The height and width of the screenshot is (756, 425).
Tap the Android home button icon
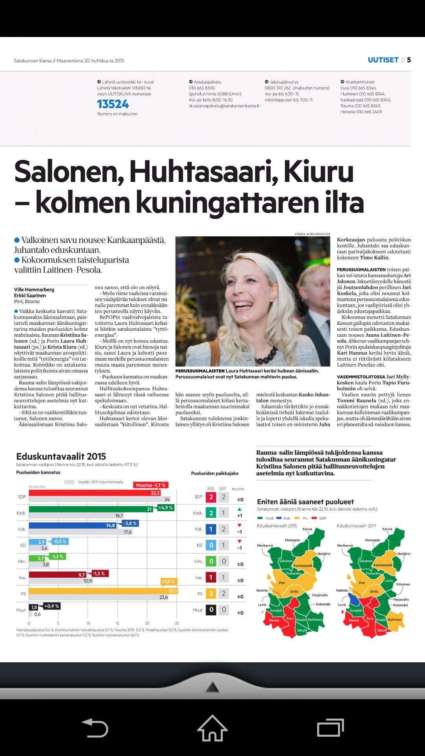click(212, 728)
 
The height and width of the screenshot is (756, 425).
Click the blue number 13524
click(113, 104)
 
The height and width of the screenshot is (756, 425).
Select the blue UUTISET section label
click(383, 60)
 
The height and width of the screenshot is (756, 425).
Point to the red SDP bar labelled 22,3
click(94, 493)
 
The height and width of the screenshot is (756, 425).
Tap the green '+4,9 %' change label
click(165, 508)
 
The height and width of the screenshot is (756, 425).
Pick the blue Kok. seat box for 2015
click(211, 529)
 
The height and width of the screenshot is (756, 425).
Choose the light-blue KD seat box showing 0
click(211, 545)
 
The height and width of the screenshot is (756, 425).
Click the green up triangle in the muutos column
click(240, 510)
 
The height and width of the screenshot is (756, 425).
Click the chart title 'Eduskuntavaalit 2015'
click(61, 456)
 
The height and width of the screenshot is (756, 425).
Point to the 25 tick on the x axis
click(177, 623)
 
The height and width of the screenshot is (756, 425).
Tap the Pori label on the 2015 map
click(282, 583)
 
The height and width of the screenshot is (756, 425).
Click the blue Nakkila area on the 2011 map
click(355, 600)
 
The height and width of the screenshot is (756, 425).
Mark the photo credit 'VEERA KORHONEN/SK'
click(312, 234)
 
